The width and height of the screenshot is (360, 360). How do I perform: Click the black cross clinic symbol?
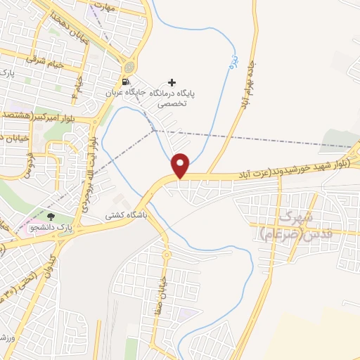172,82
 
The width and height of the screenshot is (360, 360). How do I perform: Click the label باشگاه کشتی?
126,217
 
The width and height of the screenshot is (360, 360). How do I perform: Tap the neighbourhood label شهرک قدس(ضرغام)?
288,224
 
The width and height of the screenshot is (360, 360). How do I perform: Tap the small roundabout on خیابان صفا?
167,254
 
